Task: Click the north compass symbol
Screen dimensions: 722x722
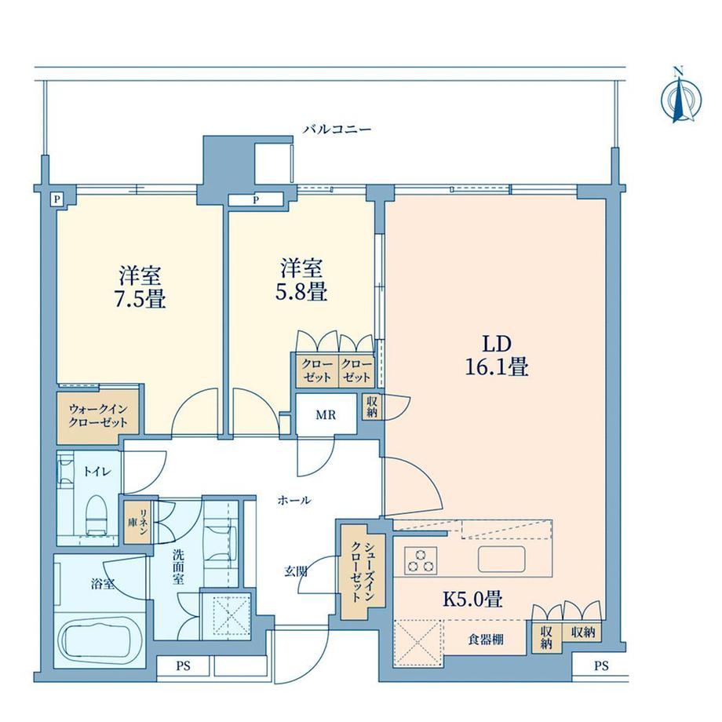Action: click(681, 96)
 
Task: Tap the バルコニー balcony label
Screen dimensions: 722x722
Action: click(337, 129)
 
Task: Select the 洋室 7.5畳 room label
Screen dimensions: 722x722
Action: click(140, 287)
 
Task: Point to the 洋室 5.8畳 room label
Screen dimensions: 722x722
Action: click(301, 279)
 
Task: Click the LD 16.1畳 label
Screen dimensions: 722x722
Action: click(497, 356)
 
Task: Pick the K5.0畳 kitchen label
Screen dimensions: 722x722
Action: click(472, 599)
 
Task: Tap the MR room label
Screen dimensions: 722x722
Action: click(326, 415)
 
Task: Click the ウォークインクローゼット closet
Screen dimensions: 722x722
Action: click(98, 416)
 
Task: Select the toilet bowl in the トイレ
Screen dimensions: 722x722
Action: click(97, 514)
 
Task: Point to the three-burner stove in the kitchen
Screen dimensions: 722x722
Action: click(421, 560)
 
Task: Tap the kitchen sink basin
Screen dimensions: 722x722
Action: click(501, 559)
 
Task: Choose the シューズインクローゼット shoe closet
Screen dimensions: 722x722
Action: click(363, 572)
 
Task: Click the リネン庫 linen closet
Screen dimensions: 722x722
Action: click(138, 522)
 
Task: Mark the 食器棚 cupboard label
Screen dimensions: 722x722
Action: click(486, 639)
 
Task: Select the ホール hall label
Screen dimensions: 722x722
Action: click(294, 500)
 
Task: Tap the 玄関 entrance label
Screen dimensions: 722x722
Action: click(296, 571)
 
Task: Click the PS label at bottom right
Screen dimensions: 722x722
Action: click(601, 665)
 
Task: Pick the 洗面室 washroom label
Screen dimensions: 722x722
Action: click(178, 567)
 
